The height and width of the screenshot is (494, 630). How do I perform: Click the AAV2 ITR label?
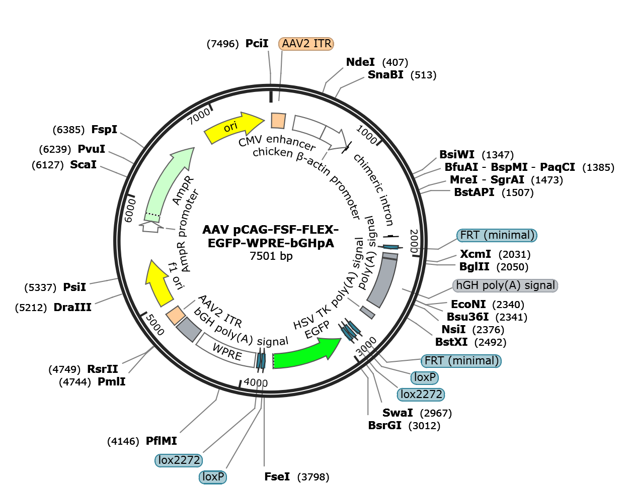pyautogui.click(x=306, y=44)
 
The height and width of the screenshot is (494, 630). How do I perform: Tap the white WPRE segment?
pyautogui.click(x=226, y=350)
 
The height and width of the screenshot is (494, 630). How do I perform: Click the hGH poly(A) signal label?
pyautogui.click(x=506, y=285)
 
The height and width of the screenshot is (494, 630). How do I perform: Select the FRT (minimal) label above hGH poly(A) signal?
pyautogui.click(x=497, y=235)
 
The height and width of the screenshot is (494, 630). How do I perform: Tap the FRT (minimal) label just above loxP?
pyautogui.click(x=461, y=361)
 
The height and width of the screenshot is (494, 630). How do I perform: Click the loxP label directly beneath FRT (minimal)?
pyautogui.click(x=425, y=377)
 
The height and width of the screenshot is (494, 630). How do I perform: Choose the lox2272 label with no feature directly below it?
pyautogui.click(x=421, y=394)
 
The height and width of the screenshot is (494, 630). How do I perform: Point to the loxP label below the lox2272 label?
pyautogui.click(x=213, y=476)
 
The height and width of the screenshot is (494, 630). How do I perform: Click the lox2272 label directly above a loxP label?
pyautogui.click(x=179, y=460)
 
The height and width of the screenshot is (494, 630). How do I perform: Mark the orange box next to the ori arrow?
pyautogui.click(x=278, y=121)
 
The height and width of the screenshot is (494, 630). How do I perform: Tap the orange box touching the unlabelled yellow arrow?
pyautogui.click(x=176, y=315)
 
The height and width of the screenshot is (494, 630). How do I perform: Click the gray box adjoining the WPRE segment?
pyautogui.click(x=189, y=329)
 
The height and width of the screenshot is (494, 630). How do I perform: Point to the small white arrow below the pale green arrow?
pyautogui.click(x=150, y=227)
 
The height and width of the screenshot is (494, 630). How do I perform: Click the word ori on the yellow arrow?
pyautogui.click(x=230, y=127)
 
